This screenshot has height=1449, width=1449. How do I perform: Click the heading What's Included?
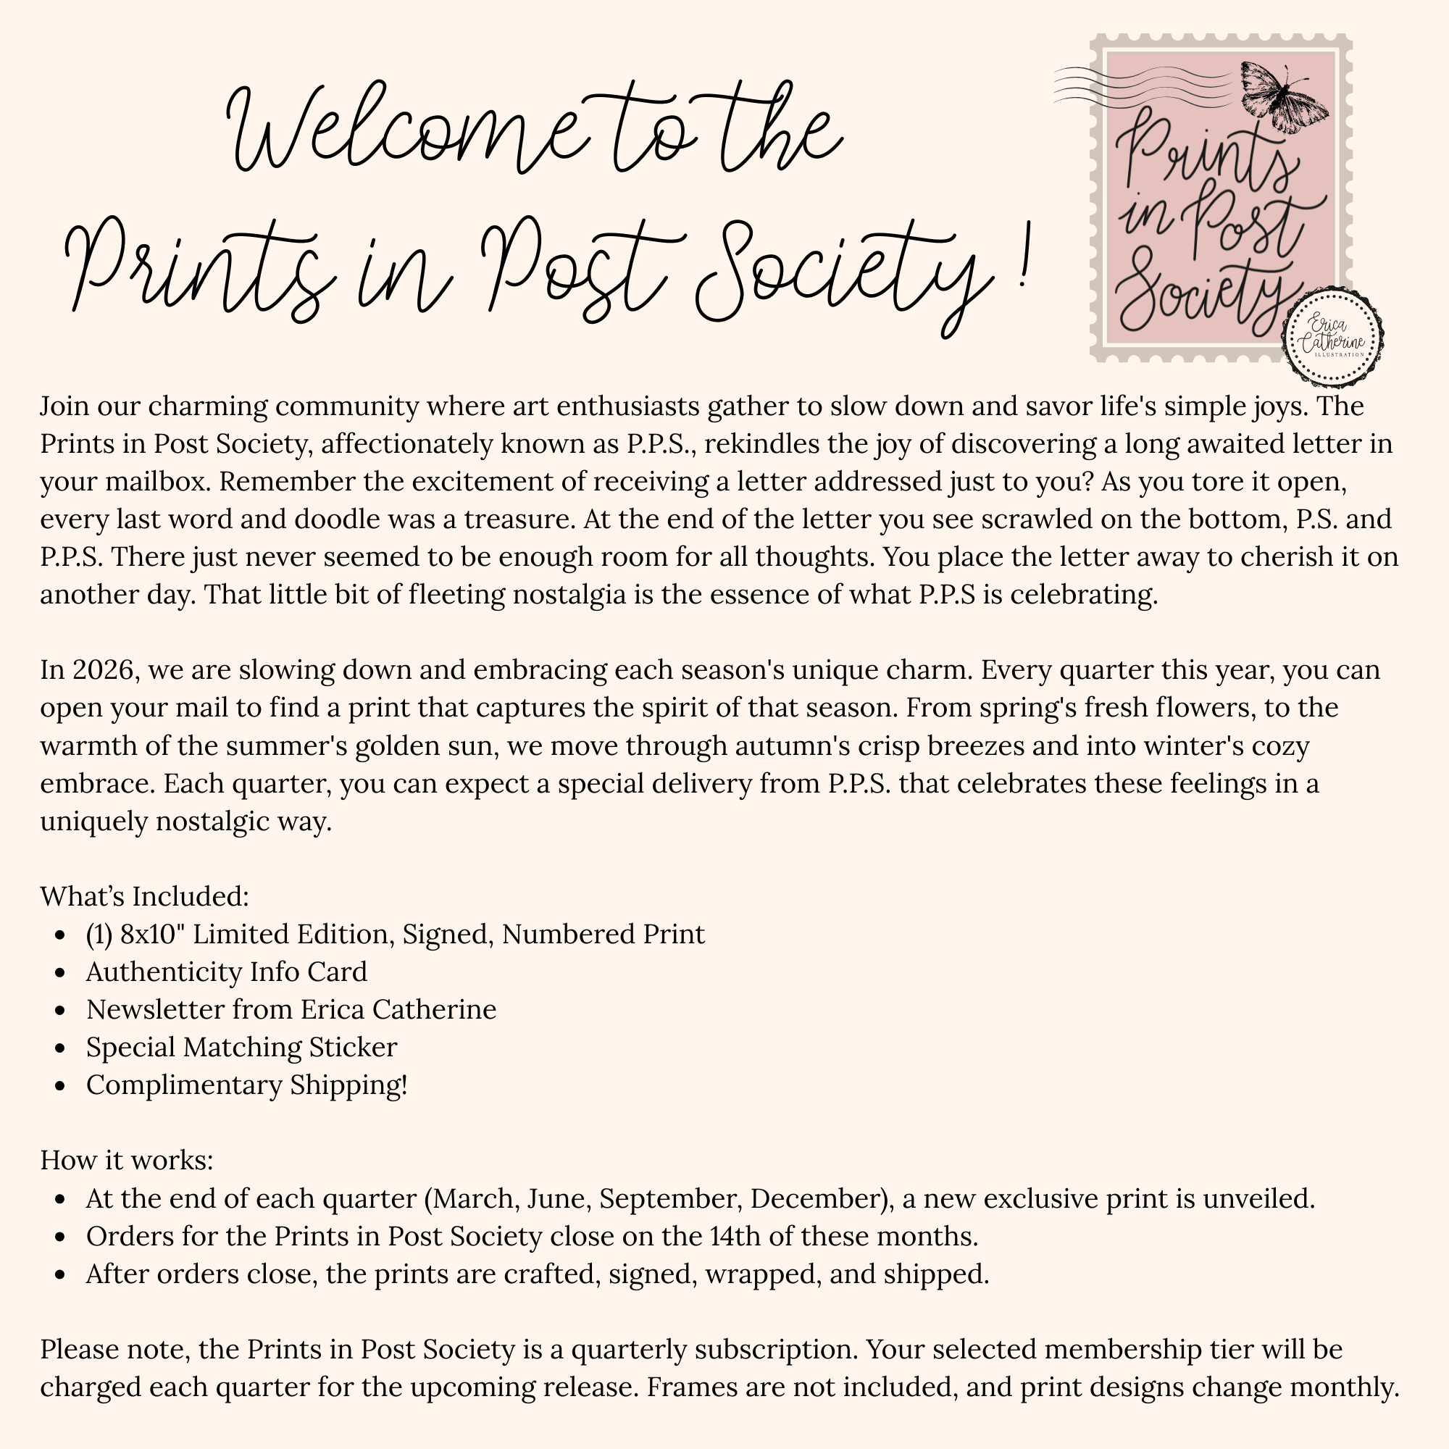(144, 896)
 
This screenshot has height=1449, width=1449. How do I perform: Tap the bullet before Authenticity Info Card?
(62, 973)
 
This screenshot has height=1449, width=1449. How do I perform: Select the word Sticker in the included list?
(353, 1047)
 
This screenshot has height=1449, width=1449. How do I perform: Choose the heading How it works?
(127, 1160)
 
